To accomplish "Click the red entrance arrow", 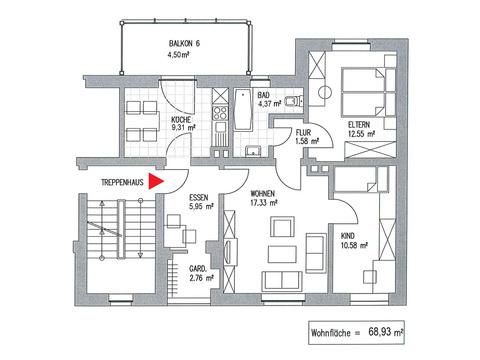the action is pos(155,181).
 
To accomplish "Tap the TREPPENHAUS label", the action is pos(122,182).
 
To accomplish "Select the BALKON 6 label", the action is pos(184,44).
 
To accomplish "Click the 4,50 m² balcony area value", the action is pos(178,55).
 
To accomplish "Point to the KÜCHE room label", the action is pos(181,120).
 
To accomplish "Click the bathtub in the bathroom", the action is pos(242,110).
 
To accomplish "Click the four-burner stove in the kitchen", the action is pos(220,112).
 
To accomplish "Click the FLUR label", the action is pos(303,133).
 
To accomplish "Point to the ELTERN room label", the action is pos(359,125).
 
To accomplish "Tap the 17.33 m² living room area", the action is pos(264,202).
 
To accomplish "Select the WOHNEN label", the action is pos(263,194).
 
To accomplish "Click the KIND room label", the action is pos(348,236).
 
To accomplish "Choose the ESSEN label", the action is pos(199,198).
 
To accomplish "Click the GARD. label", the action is pos(198,269).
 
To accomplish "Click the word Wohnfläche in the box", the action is pos(331,333).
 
